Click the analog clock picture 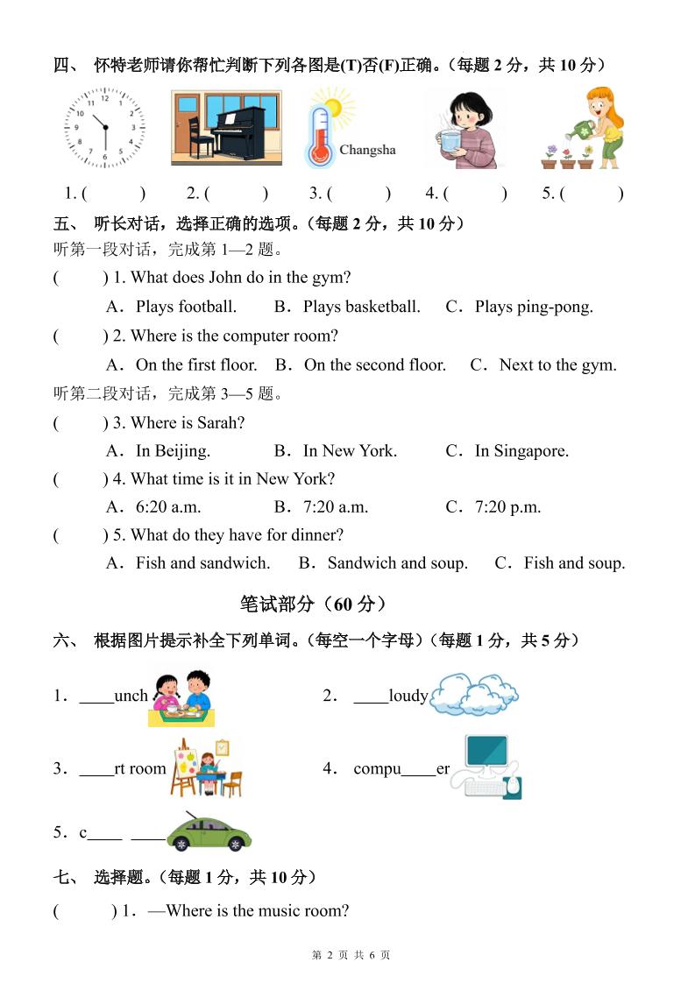(105, 128)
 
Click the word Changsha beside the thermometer (367, 150)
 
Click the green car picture (209, 833)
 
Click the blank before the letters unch (96, 697)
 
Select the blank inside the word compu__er (418, 769)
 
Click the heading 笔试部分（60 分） (313, 604)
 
